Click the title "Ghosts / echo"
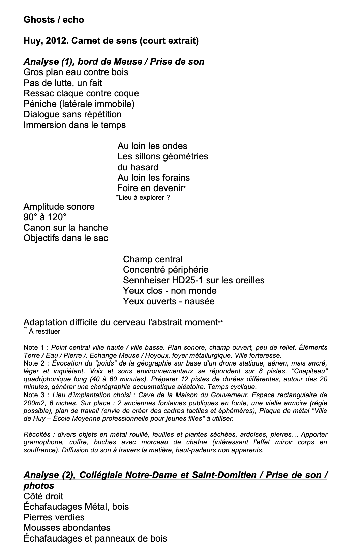[x=54, y=20]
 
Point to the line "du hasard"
[x=138, y=167]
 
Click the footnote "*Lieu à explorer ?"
[x=143, y=197]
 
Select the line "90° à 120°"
[x=45, y=217]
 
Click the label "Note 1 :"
[x=36, y=347]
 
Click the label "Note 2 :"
[x=36, y=363]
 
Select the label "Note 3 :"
[x=36, y=395]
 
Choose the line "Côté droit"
[x=43, y=496]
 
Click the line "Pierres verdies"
[x=54, y=517]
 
